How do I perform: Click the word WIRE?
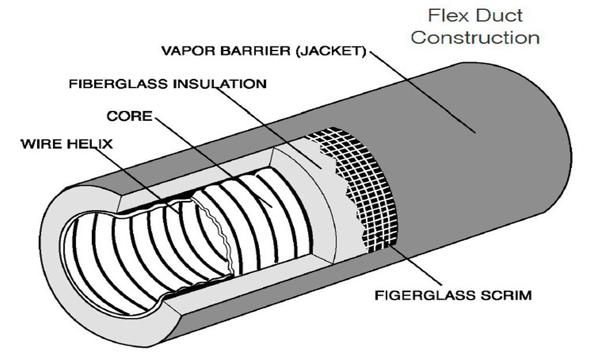click(44, 143)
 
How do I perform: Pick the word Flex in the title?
click(446, 15)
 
